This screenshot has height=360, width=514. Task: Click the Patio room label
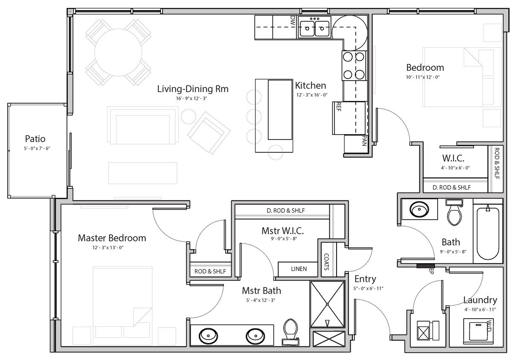[35, 139]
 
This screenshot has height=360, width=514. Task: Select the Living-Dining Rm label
[193, 89]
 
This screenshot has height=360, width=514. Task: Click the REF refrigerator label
[338, 107]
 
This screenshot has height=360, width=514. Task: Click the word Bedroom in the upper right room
[425, 67]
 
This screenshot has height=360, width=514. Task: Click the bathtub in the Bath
[488, 232]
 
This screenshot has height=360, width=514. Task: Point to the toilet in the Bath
[454, 213]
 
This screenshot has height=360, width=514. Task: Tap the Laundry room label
[480, 300]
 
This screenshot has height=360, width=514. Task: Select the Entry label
[365, 279]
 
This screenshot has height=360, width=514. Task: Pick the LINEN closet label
[298, 269]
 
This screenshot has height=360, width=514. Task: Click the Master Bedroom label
[112, 238]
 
